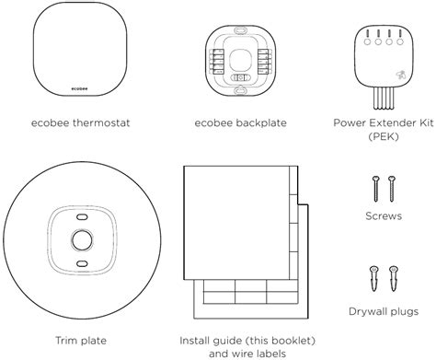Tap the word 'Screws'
[x=384, y=217]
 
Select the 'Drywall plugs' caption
[x=384, y=311]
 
